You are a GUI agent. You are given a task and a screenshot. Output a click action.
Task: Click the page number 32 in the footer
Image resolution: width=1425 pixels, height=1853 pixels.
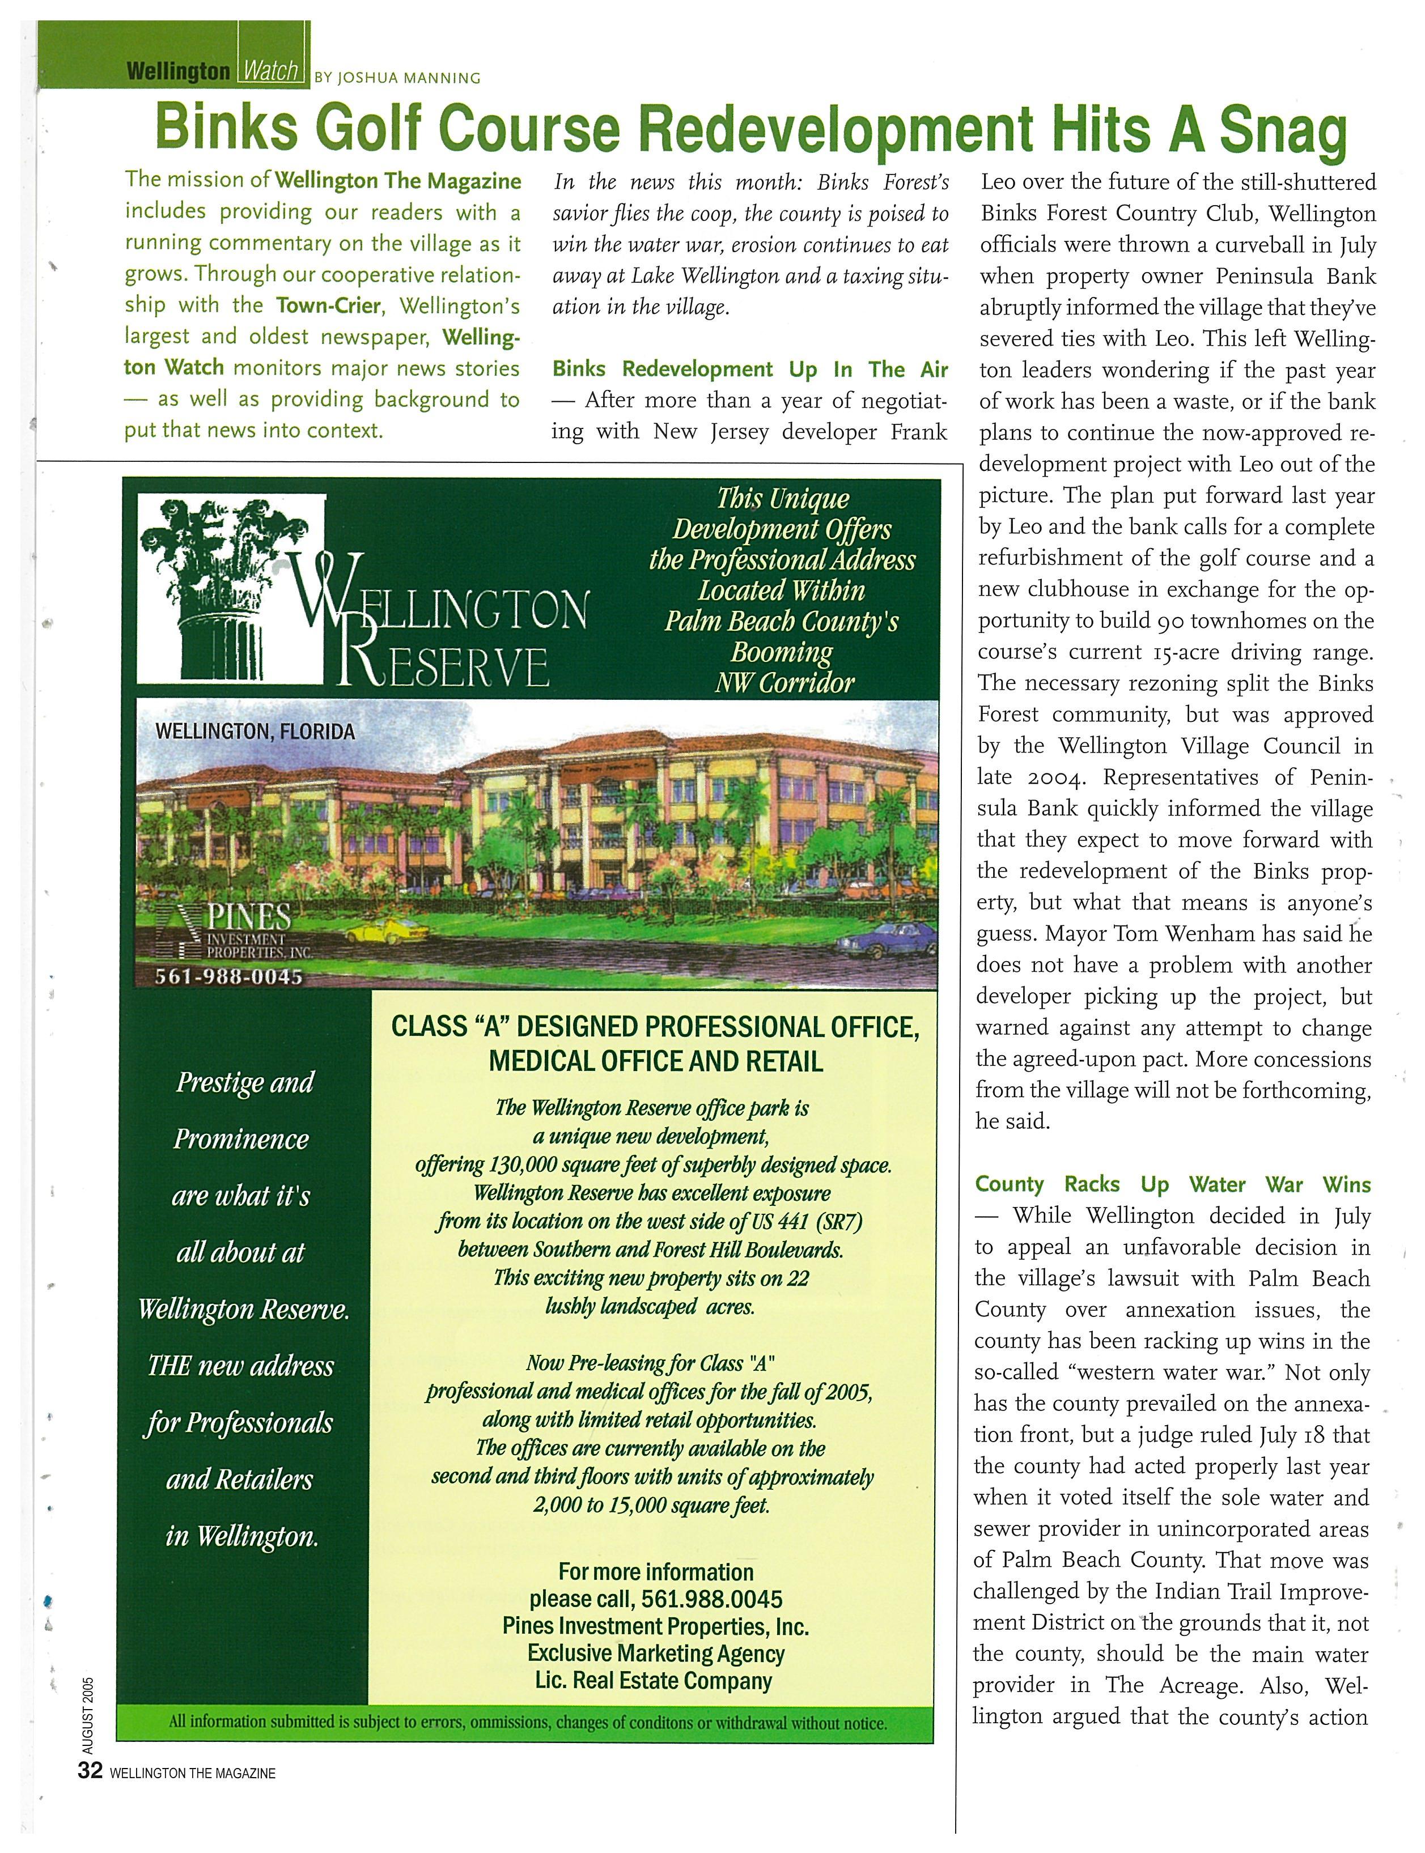click(90, 1771)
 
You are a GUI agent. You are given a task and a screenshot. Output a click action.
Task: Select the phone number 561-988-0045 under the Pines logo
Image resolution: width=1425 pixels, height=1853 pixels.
click(228, 977)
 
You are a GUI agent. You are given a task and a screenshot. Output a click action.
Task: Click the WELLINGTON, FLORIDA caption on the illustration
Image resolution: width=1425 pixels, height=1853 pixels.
click(255, 731)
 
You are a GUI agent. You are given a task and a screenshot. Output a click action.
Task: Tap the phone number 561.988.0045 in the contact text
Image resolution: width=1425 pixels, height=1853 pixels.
click(711, 1599)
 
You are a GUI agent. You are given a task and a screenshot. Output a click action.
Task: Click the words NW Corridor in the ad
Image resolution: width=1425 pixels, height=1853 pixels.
click(784, 683)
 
